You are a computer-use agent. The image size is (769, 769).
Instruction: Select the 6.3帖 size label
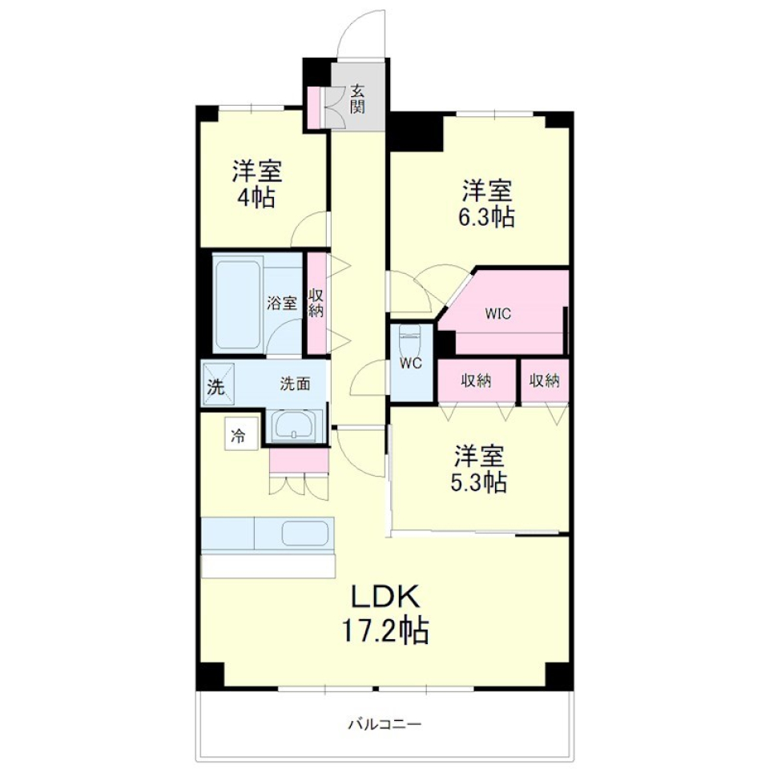pyautogui.click(x=487, y=216)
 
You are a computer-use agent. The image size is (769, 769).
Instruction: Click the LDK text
pyautogui.click(x=384, y=597)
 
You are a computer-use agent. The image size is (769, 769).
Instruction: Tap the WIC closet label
pyautogui.click(x=497, y=313)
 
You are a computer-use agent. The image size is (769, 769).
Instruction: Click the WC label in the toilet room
pyautogui.click(x=411, y=363)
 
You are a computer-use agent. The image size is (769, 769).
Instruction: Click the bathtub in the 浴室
pyautogui.click(x=238, y=303)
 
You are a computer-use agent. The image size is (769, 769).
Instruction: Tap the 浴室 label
pyautogui.click(x=282, y=304)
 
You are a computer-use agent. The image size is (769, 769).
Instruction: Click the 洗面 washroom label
pyautogui.click(x=295, y=384)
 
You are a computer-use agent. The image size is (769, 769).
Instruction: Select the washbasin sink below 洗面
pyautogui.click(x=296, y=425)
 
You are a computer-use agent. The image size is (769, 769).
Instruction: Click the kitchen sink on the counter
pyautogui.click(x=306, y=533)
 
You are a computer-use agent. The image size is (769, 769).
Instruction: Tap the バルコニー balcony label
pyautogui.click(x=384, y=725)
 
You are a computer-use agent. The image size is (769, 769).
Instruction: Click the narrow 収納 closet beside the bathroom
pyautogui.click(x=316, y=303)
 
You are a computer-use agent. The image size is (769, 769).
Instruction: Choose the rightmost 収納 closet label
pyautogui.click(x=545, y=380)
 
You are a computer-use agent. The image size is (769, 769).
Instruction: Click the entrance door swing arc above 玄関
pyautogui.click(x=362, y=36)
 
